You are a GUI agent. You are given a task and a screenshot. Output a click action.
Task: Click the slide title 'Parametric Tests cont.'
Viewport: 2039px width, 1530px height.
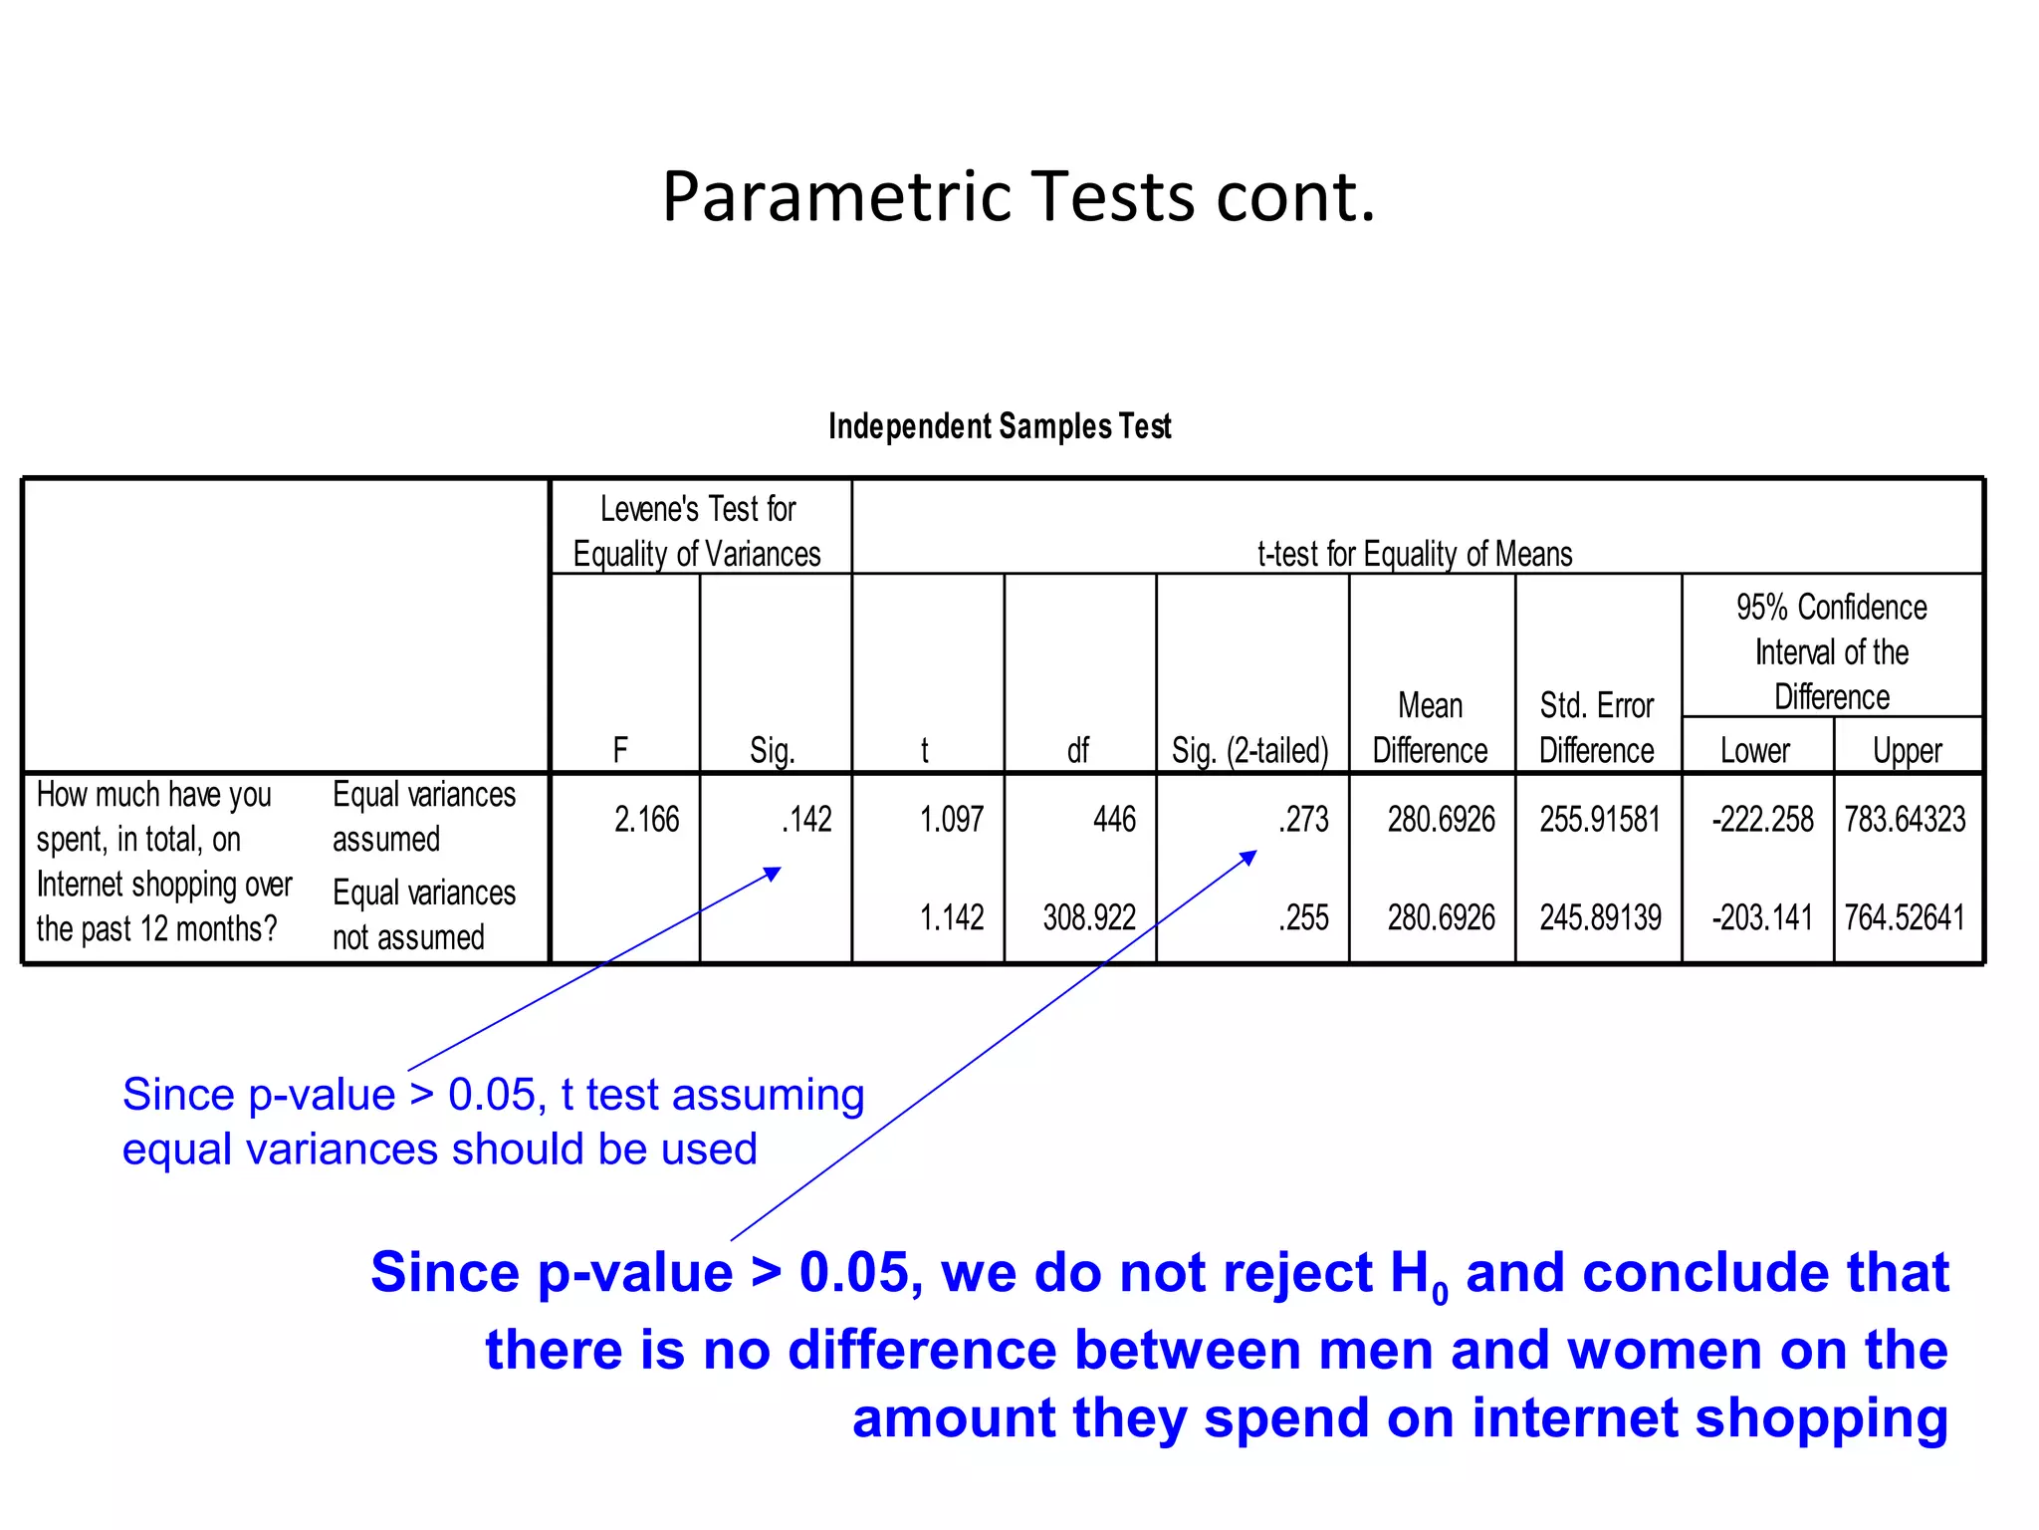click(x=1019, y=196)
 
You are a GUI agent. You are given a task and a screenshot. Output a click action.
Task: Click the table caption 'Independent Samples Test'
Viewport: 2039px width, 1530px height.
click(x=1000, y=426)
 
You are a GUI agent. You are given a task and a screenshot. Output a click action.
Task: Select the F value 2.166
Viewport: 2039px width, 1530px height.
click(x=646, y=820)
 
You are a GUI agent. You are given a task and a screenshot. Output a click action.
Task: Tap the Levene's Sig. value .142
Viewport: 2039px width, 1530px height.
click(x=806, y=820)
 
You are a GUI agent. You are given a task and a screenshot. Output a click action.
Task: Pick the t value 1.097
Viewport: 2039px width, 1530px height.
click(x=951, y=820)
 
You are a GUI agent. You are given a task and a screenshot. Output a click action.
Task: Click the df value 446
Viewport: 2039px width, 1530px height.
click(x=1113, y=820)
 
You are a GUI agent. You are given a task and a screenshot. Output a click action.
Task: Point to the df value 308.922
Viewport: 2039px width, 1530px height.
click(x=1089, y=917)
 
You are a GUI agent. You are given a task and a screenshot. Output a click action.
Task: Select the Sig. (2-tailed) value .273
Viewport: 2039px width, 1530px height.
click(x=1304, y=820)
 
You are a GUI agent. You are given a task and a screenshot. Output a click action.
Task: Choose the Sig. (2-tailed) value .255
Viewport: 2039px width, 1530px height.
click(x=1304, y=917)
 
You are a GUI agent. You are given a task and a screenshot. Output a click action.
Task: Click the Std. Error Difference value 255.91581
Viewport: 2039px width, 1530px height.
click(x=1600, y=820)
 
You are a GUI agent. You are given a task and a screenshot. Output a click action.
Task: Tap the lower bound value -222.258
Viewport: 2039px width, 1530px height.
click(x=1762, y=820)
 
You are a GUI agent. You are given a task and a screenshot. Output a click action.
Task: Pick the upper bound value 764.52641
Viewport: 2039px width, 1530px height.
click(x=1905, y=917)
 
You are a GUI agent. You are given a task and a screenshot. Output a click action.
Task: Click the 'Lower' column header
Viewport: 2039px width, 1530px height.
click(x=1755, y=750)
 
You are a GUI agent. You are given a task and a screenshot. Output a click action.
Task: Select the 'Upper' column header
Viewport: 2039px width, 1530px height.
click(x=1907, y=750)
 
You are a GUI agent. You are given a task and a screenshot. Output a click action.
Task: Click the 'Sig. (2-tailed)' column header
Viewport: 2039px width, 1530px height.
click(x=1250, y=750)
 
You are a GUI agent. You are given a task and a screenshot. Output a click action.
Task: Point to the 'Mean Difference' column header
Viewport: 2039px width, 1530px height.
click(x=1430, y=728)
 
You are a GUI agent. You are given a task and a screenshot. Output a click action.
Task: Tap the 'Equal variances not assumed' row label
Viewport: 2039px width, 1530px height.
click(x=424, y=914)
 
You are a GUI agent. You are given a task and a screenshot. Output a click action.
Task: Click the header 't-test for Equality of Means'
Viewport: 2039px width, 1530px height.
click(x=1415, y=554)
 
